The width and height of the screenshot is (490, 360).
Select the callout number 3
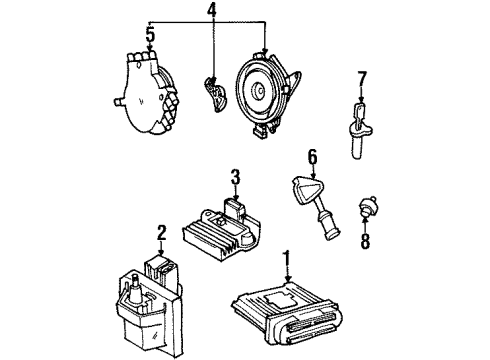pos(234,177)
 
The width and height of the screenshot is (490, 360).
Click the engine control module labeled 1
pos(290,314)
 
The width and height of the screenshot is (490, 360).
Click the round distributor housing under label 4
pos(267,95)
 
